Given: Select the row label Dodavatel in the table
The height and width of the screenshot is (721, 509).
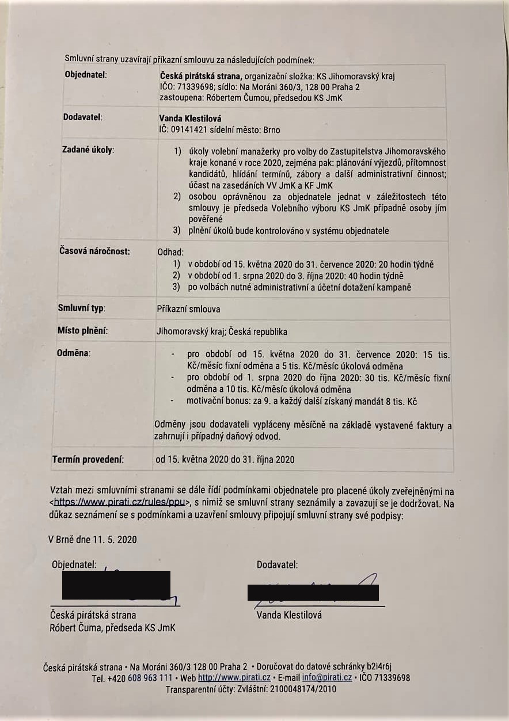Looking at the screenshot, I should pyautogui.click(x=82, y=118).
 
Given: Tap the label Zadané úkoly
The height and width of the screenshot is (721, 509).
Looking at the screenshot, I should pyautogui.click(x=88, y=150).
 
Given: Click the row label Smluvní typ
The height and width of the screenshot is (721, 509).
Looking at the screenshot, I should pyautogui.click(x=81, y=308).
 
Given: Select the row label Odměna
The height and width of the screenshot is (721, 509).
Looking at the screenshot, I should pyautogui.click(x=74, y=352).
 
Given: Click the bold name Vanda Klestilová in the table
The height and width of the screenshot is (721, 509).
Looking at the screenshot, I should pyautogui.click(x=186, y=119).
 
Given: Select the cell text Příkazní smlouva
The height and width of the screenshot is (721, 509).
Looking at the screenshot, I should pyautogui.click(x=188, y=309).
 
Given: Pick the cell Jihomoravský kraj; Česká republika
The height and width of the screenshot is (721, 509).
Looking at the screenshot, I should pyautogui.click(x=222, y=331).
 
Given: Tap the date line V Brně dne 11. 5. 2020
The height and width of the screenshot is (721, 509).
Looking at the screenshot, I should pyautogui.click(x=93, y=540).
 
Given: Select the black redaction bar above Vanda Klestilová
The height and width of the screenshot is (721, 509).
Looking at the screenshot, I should pyautogui.click(x=313, y=592).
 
